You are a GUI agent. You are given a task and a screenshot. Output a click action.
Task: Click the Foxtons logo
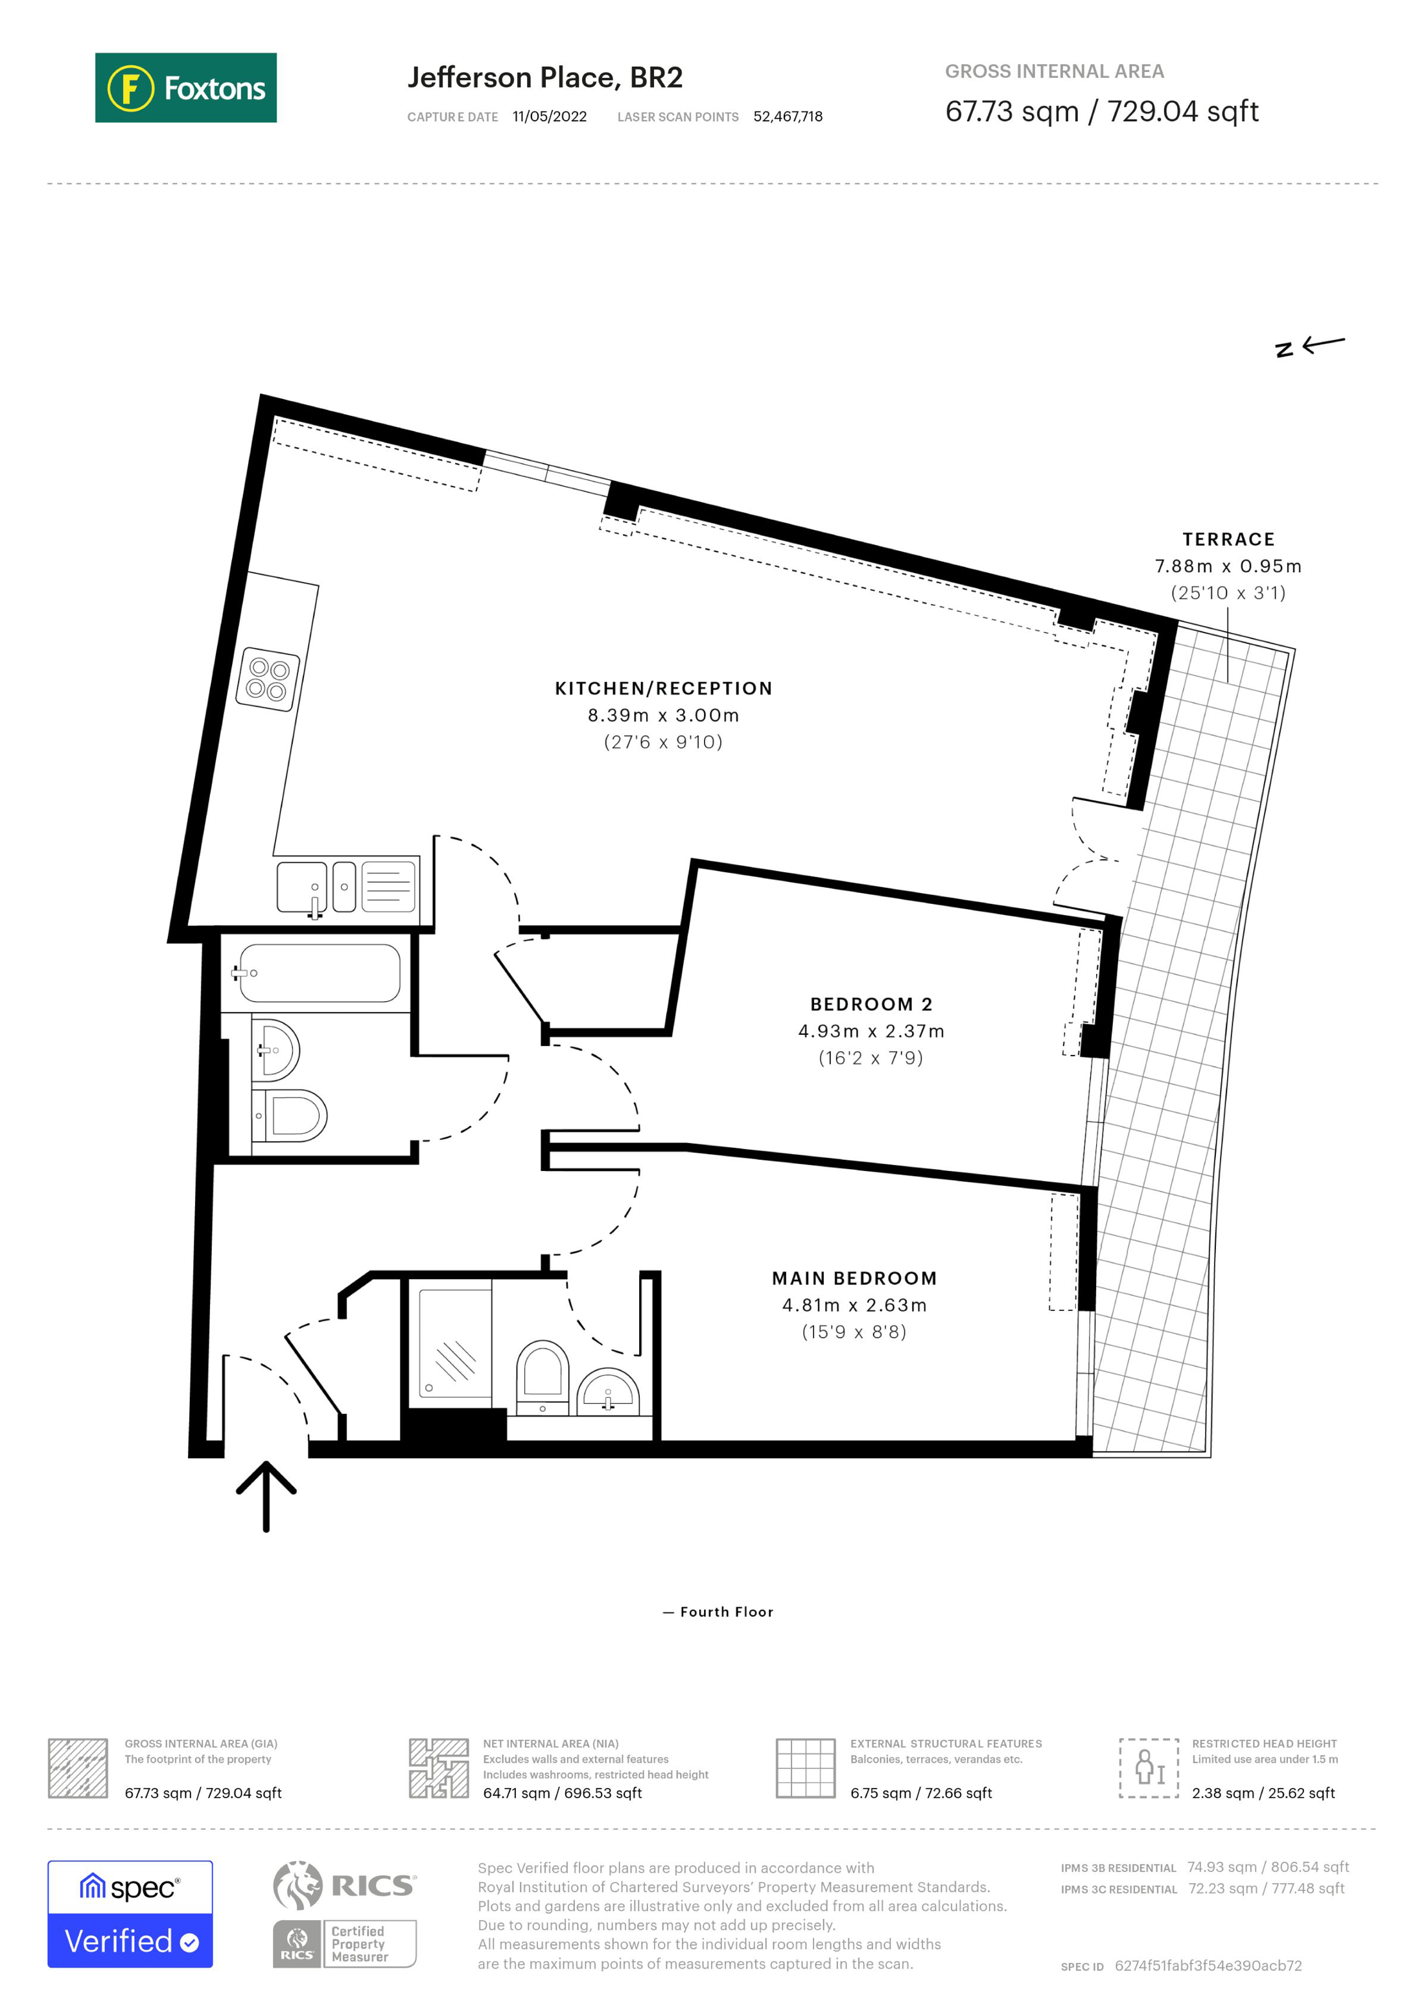(x=185, y=87)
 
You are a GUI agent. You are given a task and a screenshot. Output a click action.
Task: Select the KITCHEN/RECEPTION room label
(x=663, y=688)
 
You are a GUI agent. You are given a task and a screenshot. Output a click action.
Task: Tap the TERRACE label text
(x=1228, y=539)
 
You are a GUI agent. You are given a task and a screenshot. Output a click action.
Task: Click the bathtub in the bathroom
(x=320, y=973)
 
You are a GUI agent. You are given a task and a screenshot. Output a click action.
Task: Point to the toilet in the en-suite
(x=542, y=1374)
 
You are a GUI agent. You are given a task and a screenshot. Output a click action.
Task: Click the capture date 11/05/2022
(x=550, y=117)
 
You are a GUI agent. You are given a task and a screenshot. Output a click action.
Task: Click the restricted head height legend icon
(x=1148, y=1768)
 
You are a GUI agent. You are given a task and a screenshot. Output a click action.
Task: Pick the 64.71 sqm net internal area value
(x=562, y=1793)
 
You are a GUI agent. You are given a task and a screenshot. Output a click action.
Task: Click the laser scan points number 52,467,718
(x=788, y=117)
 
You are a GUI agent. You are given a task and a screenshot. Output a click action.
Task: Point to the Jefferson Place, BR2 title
(x=544, y=77)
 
